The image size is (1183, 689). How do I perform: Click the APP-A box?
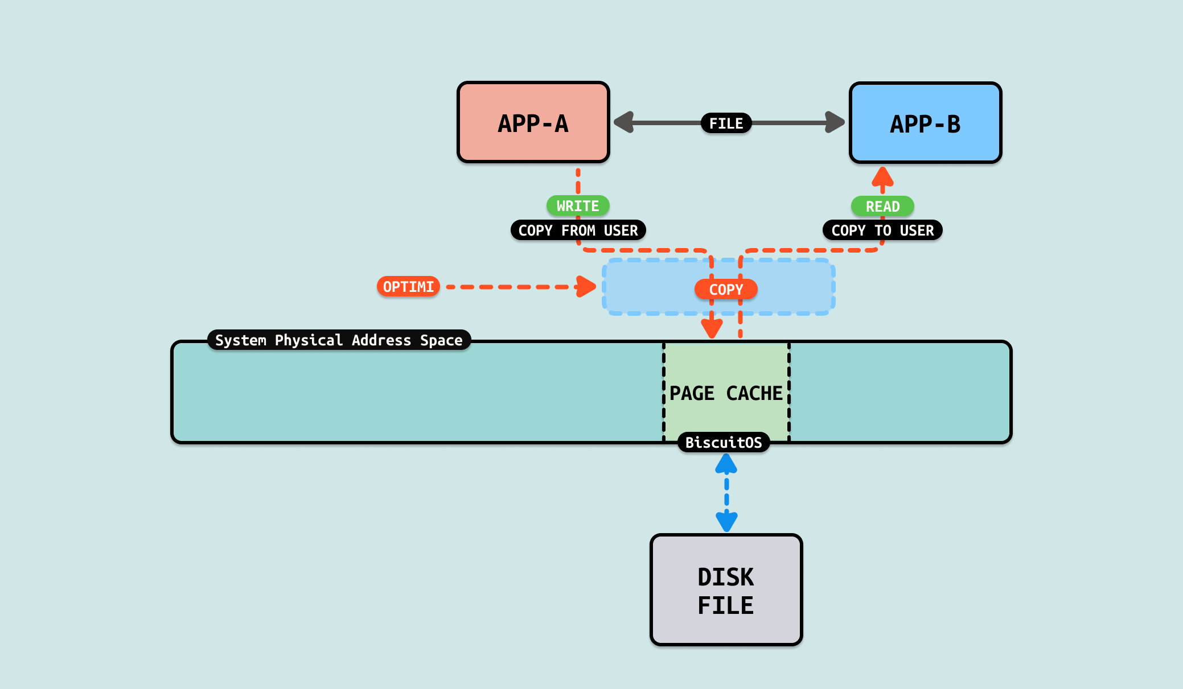(533, 123)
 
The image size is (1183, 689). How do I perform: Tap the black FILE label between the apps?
(726, 123)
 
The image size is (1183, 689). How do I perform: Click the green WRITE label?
(578, 206)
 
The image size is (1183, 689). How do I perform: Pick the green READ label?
(882, 207)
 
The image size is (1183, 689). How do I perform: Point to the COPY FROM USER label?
(578, 230)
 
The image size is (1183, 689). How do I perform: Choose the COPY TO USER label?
(882, 230)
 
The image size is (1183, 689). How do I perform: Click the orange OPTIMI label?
(408, 287)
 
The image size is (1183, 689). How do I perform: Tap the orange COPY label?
(726, 290)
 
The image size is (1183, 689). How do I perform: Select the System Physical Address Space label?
(339, 340)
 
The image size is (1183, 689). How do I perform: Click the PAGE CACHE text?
(726, 393)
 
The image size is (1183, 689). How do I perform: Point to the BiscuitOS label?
(724, 443)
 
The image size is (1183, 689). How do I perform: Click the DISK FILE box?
(726, 590)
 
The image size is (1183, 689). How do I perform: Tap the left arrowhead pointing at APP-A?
(625, 122)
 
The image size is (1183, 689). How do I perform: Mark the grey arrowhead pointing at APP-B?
(835, 122)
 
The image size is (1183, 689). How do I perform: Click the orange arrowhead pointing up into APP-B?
(882, 177)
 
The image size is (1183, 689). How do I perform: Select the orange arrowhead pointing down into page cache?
(712, 328)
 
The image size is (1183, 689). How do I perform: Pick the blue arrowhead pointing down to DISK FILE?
(726, 521)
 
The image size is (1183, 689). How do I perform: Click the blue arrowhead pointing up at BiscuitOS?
(726, 464)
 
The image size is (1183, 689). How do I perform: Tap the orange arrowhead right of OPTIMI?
(585, 286)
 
